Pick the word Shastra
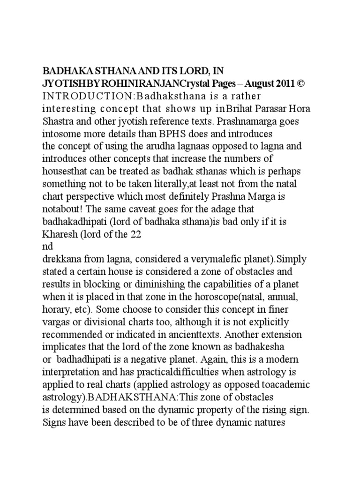[59, 120]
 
